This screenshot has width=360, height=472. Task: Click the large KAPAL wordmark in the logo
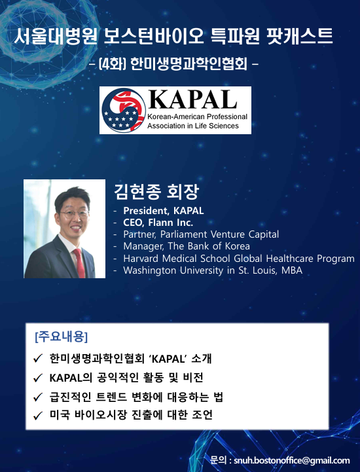pos(192,100)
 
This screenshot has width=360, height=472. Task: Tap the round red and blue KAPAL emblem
pos(124,111)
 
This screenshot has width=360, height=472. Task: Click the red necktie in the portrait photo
pos(79,263)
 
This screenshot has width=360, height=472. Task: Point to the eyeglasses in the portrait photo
pos(74,214)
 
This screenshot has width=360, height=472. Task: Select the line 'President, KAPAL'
pos(164,211)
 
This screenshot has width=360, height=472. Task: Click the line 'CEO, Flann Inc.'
pos(158,223)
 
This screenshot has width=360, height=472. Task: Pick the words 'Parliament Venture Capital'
pos(219,234)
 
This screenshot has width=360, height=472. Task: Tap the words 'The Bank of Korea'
pos(209,246)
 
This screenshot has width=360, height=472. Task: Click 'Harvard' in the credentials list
pos(141,259)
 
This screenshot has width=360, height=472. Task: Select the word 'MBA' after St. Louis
pos(292,270)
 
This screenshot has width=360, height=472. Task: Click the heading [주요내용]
pos(62,337)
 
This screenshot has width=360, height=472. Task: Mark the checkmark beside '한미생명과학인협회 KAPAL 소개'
pos(37,359)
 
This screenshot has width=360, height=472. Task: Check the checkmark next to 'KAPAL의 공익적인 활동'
pos(37,378)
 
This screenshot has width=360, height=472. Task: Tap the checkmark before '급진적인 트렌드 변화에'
pos(37,397)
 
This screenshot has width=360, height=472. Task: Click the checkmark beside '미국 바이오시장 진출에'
pos(37,416)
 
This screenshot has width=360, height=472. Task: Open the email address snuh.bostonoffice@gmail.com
pos(292,461)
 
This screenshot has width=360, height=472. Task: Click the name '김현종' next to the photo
pos(137,191)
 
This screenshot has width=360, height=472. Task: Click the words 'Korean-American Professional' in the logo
pos(197,117)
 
